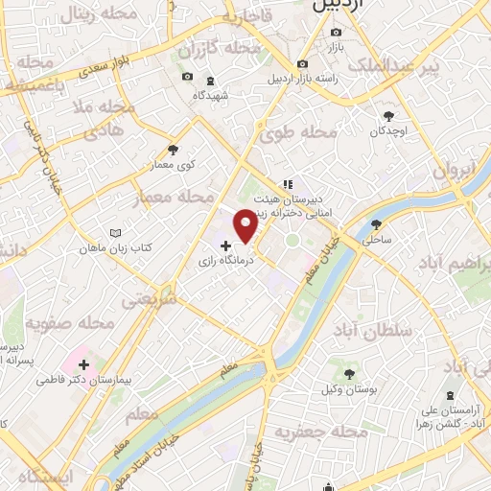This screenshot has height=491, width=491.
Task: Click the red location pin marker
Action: click(x=245, y=225)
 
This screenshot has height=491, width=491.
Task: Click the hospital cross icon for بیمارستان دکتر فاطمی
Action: click(x=84, y=364)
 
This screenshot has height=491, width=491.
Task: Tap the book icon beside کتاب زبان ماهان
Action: click(x=115, y=233)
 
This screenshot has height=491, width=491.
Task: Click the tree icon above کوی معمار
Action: click(x=173, y=150)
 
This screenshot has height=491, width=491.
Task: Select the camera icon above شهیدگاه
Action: click(x=187, y=77)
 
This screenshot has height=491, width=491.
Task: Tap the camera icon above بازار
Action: click(x=336, y=30)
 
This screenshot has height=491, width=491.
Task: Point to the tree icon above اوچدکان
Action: click(x=387, y=113)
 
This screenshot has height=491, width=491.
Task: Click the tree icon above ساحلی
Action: click(x=375, y=224)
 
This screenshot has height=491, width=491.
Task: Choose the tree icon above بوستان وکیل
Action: click(x=348, y=373)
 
